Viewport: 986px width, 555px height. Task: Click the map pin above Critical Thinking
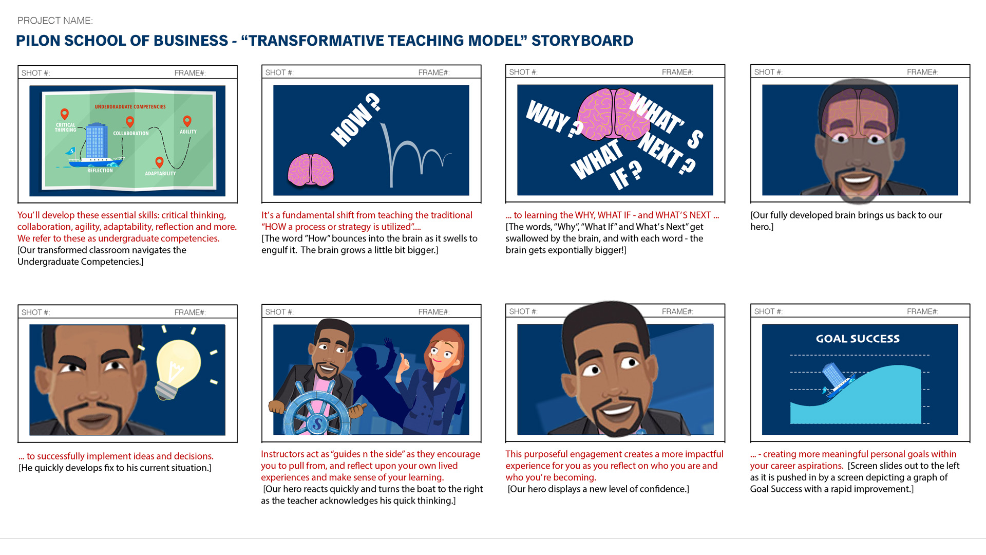[64, 114]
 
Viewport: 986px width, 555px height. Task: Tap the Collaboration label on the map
[131, 133]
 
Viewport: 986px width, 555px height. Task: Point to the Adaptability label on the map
[160, 174]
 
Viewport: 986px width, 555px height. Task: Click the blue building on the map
[96, 140]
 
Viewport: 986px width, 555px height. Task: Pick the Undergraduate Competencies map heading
[130, 107]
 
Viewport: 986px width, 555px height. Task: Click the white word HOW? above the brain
[356, 120]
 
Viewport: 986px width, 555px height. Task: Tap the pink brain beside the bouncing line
[311, 170]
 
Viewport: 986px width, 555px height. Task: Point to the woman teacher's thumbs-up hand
[404, 363]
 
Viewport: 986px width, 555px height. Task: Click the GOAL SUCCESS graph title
[858, 339]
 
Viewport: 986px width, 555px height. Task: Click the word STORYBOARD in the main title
[582, 41]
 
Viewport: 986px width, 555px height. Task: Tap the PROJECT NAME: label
[55, 21]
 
